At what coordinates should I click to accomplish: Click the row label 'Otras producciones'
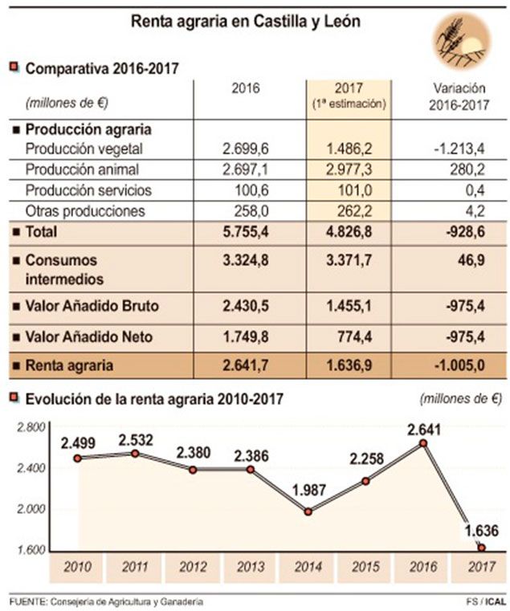(85, 211)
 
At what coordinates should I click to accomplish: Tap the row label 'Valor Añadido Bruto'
(88, 306)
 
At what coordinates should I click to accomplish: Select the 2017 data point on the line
(481, 548)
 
